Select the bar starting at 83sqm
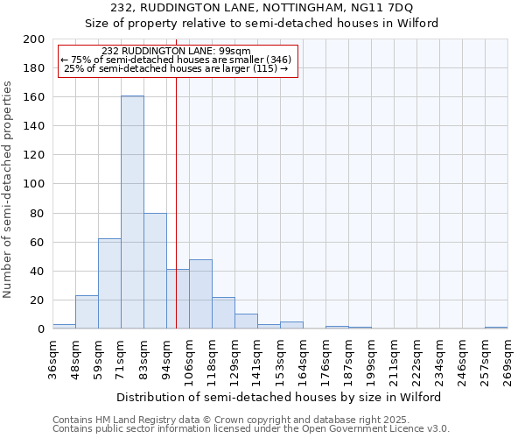155,271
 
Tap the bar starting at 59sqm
109,284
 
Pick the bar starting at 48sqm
87,312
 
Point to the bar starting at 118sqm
223,313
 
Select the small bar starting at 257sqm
496,328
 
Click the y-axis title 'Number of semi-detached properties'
8,188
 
